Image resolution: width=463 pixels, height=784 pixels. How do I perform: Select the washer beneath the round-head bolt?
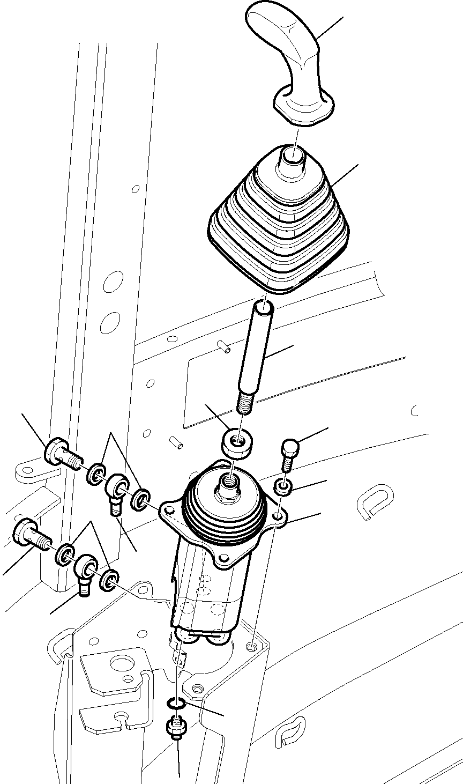(283, 487)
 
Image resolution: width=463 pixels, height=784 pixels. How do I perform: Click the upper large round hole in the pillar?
(114, 282)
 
